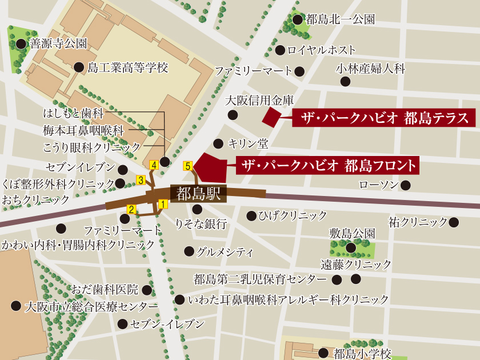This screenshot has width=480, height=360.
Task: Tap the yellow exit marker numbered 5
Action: point(187,166)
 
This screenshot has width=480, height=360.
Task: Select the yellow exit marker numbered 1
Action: point(162,203)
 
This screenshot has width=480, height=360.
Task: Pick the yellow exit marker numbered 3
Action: point(141,181)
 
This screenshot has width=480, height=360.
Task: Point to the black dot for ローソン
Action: point(405,185)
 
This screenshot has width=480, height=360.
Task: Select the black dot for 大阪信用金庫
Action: point(233,115)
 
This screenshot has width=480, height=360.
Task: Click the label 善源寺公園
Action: point(58,43)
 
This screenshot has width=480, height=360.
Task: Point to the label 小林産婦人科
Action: point(370,69)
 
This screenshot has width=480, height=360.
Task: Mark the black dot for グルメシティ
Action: point(189,251)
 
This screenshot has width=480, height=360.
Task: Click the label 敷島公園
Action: point(352,233)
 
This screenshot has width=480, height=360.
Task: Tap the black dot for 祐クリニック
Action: point(454,222)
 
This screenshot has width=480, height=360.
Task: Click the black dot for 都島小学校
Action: point(323,353)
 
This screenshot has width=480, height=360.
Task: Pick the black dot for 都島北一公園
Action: point(297,20)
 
